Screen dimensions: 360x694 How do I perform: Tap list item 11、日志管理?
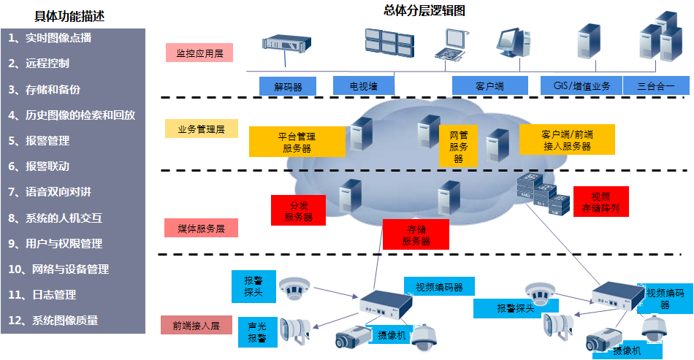[50, 295]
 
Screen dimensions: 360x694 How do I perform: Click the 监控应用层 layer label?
[199, 53]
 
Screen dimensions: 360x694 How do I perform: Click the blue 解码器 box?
[288, 86]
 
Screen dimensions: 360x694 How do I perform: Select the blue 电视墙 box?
[364, 85]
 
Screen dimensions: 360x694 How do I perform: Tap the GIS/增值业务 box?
[581, 85]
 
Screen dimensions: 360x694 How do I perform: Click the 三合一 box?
[656, 85]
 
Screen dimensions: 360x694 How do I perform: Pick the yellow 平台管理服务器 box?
[297, 142]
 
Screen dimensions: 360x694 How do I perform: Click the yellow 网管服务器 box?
[458, 146]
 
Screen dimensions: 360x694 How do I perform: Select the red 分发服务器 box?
[298, 210]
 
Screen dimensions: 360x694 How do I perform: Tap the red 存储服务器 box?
[416, 234]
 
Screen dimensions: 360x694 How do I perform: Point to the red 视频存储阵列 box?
[600, 202]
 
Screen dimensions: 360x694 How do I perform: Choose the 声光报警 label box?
[256, 333]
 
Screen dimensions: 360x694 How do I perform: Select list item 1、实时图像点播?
[50, 38]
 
